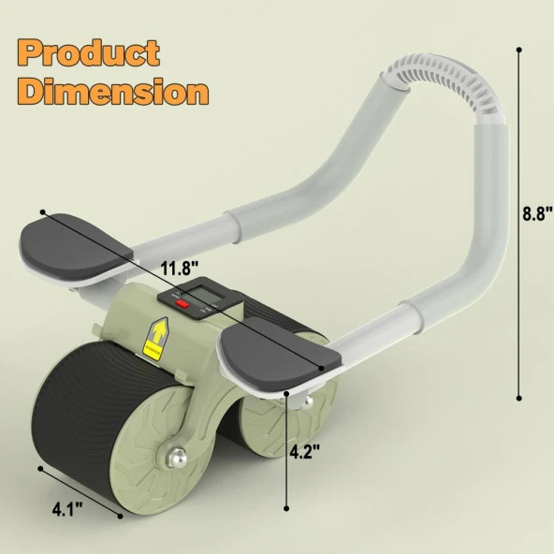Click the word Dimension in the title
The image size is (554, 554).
(111, 93)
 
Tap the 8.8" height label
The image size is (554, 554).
(535, 212)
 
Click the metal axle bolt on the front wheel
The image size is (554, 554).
(175, 459)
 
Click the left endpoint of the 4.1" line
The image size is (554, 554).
(40, 468)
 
